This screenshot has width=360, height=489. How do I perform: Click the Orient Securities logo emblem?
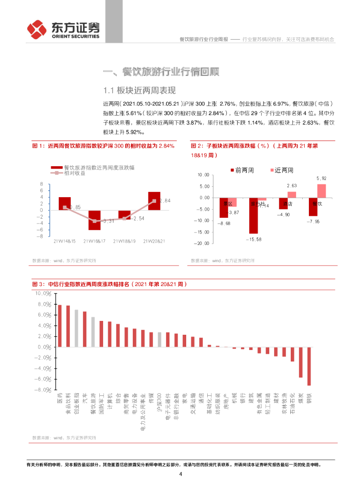coord(37,30)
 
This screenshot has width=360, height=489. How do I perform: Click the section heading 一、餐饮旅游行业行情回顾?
coord(161,73)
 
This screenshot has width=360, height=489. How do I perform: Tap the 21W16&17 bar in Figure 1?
coord(95,220)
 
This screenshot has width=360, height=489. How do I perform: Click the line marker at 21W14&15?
coord(65,207)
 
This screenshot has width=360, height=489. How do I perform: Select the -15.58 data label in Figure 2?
coord(253,239)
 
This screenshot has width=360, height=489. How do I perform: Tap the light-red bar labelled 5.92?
coord(322,191)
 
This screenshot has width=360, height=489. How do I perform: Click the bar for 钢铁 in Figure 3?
coord(309,366)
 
